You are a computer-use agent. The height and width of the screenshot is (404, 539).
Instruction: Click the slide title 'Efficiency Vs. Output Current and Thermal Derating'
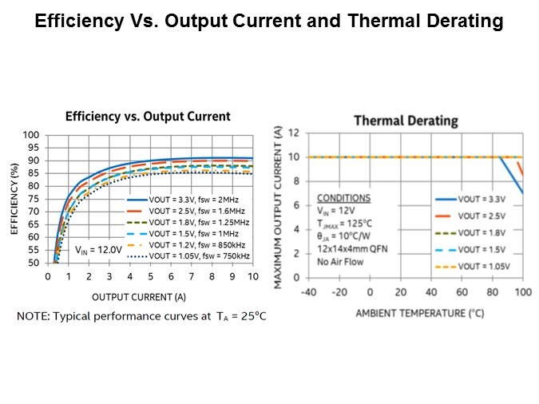(x=269, y=22)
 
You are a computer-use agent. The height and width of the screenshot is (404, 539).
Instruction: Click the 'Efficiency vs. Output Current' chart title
(x=148, y=117)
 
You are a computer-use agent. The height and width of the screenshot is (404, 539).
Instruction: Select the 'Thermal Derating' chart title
(x=406, y=121)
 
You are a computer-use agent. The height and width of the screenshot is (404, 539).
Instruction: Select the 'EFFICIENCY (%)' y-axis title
(x=14, y=199)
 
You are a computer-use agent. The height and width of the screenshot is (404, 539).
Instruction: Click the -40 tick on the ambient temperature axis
(x=309, y=292)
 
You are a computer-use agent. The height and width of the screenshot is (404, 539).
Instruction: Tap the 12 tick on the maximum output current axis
(x=294, y=133)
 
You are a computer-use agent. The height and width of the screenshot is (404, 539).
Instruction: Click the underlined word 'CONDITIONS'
(x=344, y=197)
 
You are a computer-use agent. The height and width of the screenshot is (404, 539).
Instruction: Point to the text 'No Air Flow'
(x=342, y=261)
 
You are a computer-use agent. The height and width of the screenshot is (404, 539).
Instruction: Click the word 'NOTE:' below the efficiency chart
(x=34, y=317)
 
